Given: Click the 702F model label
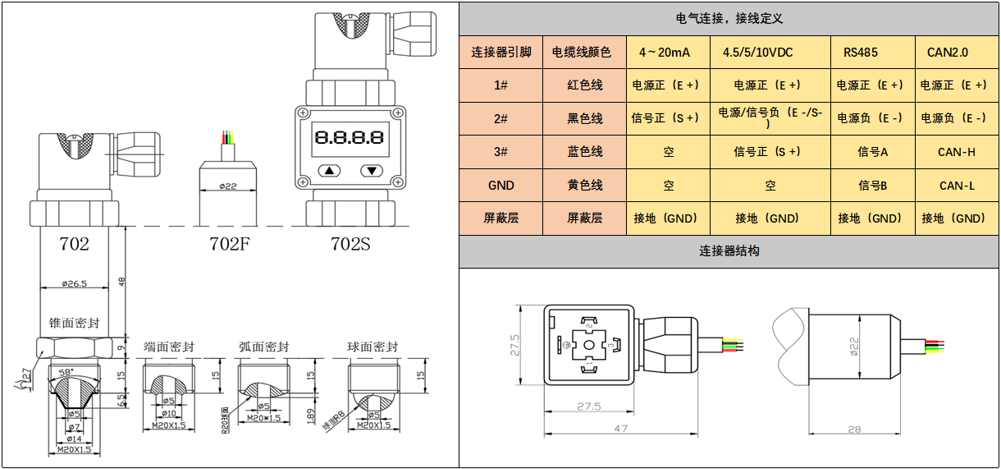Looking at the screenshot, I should point(229,244).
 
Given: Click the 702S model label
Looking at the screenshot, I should point(350,244).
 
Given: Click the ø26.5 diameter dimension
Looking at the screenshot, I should point(74,284).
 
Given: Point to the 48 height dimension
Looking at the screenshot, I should point(122,280).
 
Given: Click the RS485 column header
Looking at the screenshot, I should point(861,53).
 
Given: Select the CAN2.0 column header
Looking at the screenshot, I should point(948,53).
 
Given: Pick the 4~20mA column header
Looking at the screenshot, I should point(665,53).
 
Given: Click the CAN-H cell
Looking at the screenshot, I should point(957,152).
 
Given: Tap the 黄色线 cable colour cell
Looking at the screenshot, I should point(584,186).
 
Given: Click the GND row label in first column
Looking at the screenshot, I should point(500,186).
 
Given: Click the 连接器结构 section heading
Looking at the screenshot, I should point(729,251).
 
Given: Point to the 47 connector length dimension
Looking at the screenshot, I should point(620,429).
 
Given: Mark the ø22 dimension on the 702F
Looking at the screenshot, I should point(228,186).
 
